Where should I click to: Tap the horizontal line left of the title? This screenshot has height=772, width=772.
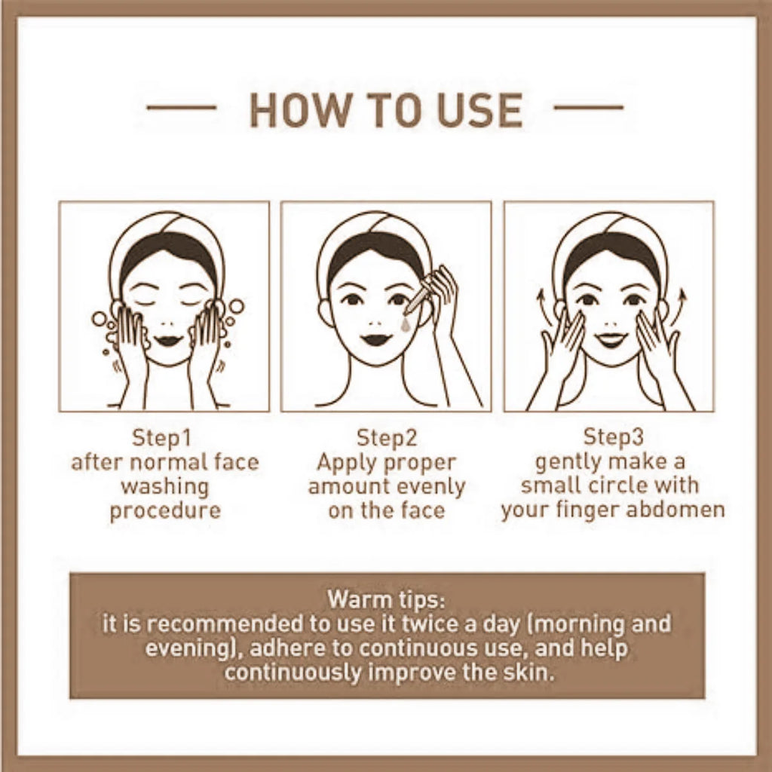(181, 107)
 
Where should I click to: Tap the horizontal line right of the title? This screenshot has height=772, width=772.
(588, 107)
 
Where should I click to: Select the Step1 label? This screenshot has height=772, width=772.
(161, 438)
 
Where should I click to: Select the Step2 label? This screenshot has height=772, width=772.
(387, 438)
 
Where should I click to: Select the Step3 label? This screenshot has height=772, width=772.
(613, 437)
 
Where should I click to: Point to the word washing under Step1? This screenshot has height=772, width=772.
(165, 487)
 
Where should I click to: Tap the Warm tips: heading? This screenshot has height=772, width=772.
(387, 599)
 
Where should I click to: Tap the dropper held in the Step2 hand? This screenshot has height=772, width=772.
(418, 299)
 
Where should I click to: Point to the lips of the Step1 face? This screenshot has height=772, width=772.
(168, 340)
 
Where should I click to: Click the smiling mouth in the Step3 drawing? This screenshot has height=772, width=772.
(611, 340)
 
